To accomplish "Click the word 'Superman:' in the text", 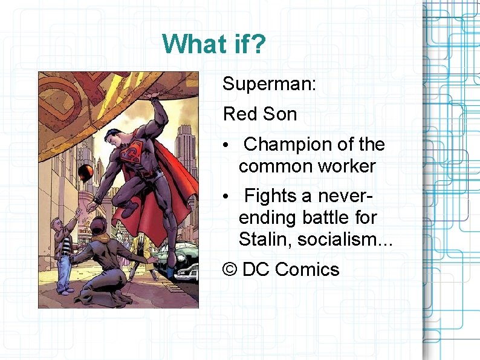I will pyautogui.click(x=269, y=84).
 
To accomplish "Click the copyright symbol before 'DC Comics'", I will pyautogui.click(x=230, y=269).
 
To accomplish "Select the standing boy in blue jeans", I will pyautogui.click(x=64, y=254).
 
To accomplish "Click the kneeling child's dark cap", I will pyautogui.click(x=97, y=227).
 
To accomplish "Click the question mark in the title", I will pyautogui.click(x=257, y=44).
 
